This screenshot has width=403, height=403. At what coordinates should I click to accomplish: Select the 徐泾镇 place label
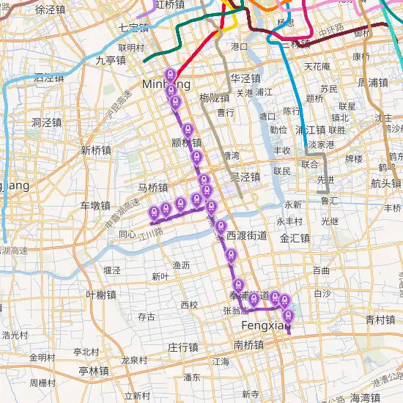point(50,10)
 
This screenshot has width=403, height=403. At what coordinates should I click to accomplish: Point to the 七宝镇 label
point(133,29)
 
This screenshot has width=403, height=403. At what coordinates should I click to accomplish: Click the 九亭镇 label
point(111,60)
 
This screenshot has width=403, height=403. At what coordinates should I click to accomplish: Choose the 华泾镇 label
point(245,78)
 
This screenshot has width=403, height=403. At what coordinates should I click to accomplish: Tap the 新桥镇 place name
point(96,150)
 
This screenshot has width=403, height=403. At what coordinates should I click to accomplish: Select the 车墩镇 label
point(95,205)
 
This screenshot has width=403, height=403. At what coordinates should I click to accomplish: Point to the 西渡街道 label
point(246,236)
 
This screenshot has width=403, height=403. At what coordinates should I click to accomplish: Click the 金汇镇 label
point(295,238)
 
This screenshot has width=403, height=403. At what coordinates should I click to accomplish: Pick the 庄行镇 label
point(183,347)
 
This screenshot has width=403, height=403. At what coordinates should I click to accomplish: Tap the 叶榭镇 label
point(101,295)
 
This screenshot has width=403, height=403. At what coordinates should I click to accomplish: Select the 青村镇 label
point(380,319)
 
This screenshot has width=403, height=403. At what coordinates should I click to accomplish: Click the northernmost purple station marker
point(170,74)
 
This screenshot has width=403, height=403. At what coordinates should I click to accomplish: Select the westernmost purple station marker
point(154,211)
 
